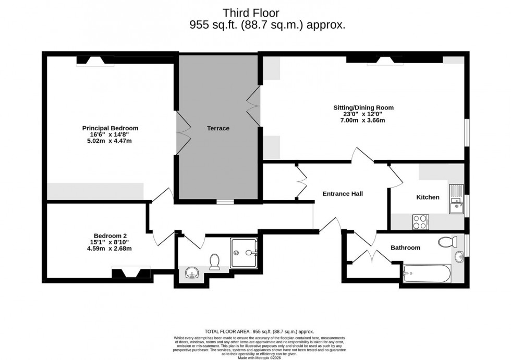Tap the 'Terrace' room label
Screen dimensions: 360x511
click(x=218, y=128)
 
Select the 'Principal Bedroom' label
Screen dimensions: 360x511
click(x=110, y=128)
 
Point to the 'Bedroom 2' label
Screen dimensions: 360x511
click(x=110, y=235)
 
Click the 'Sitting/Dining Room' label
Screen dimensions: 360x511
click(x=363, y=108)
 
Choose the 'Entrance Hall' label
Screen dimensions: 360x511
click(x=343, y=194)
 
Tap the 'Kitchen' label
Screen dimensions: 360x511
click(x=428, y=197)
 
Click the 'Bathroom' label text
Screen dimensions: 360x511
click(x=405, y=247)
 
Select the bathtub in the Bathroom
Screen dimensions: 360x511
click(x=427, y=272)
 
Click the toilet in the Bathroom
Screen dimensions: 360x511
click(x=448, y=242)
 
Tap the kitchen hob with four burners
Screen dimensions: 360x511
click(x=420, y=222)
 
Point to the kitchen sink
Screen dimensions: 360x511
click(x=456, y=200)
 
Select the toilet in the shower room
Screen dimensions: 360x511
click(x=214, y=262)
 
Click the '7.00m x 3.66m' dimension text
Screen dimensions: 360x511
click(x=363, y=120)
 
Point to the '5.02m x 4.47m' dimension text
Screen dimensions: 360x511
click(x=110, y=141)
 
